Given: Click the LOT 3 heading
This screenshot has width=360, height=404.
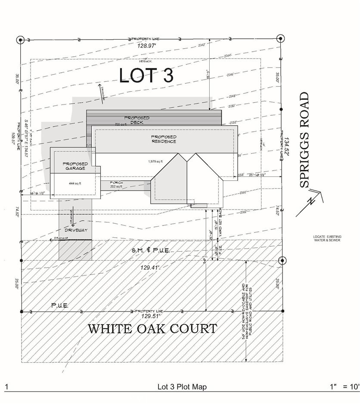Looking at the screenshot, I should point(146,75).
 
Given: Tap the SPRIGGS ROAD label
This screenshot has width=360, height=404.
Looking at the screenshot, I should point(304,140).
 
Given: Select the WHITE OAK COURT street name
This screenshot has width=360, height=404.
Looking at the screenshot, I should point(152,329).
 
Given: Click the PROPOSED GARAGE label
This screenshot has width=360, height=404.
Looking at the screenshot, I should point(75,166).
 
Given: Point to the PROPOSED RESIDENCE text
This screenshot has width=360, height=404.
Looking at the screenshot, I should point(163,139).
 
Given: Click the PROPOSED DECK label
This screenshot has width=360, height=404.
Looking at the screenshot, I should point(137,120).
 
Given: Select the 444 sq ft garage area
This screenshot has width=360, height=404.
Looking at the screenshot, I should point(75,183).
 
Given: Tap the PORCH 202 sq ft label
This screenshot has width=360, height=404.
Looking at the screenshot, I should point(116,185).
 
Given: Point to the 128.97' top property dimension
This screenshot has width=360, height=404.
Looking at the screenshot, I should point(146,45).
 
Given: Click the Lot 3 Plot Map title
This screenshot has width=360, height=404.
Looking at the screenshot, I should point(182,387).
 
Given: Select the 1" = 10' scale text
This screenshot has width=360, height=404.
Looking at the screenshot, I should point(344,387).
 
